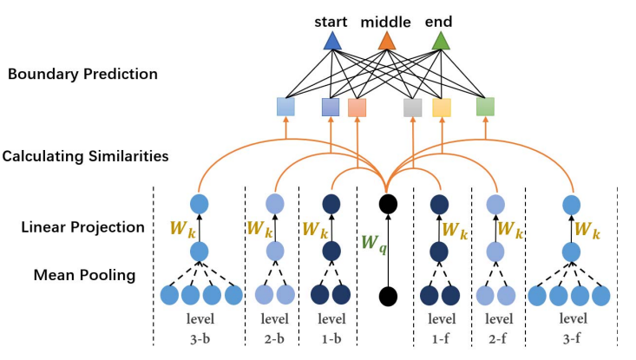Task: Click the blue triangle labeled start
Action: pyautogui.click(x=331, y=41)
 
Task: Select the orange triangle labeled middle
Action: pyautogui.click(x=387, y=41)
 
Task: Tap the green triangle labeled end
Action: pyautogui.click(x=441, y=41)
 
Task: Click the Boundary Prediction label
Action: pyautogui.click(x=82, y=75)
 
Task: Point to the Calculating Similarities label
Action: pyautogui.click(x=85, y=157)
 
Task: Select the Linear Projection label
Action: pyautogui.click(x=82, y=227)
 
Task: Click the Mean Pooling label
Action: pyautogui.click(x=84, y=276)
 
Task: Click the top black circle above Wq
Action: pyautogui.click(x=387, y=204)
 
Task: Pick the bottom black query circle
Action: pyautogui.click(x=387, y=296)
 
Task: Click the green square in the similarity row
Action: pyautogui.click(x=485, y=107)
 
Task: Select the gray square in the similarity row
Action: pyautogui.click(x=412, y=108)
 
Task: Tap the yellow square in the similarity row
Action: pyautogui.click(x=442, y=108)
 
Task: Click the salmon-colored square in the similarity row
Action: pyautogui.click(x=357, y=108)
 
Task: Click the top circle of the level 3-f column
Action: pyautogui.click(x=571, y=204)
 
